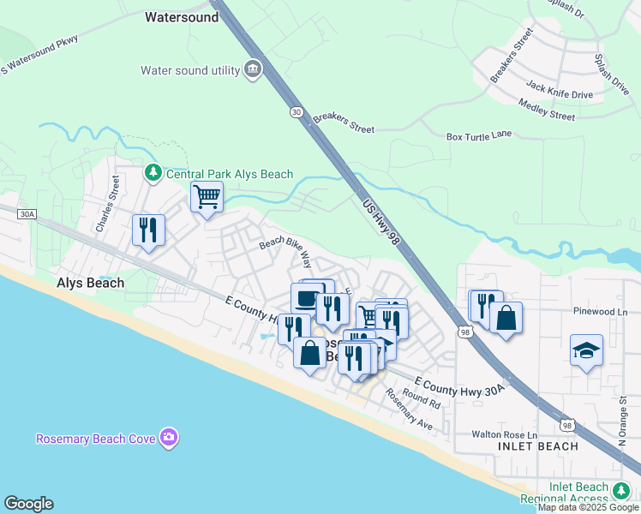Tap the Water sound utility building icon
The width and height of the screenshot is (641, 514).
[253, 69]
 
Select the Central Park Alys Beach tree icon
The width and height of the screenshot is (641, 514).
[153, 173]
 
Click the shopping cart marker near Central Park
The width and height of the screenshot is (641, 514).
[207, 197]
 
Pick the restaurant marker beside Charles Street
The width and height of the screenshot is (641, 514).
[148, 230]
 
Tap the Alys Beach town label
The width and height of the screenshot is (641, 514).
[90, 283]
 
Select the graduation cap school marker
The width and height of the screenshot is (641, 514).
[587, 350]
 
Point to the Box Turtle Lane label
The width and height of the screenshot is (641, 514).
[491, 136]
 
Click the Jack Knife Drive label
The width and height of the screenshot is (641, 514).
[559, 90]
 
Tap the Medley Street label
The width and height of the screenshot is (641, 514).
[546, 109]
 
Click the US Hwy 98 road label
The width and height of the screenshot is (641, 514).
[381, 220]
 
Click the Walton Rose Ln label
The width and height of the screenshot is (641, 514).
[505, 434]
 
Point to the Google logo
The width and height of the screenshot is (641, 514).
[28, 504]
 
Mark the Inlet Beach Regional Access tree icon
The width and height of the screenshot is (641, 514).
[622, 491]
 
